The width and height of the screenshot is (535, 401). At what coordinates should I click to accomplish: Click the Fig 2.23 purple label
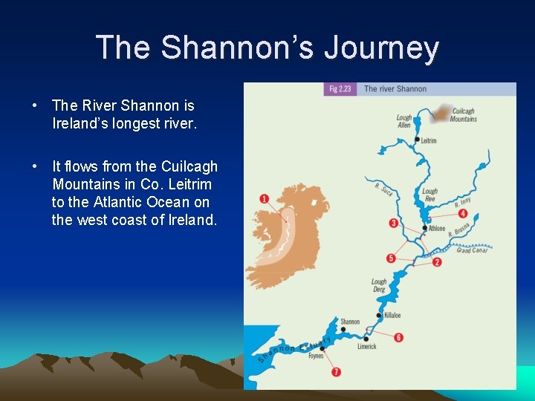341,89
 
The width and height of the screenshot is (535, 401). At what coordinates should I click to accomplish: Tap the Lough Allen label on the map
403,121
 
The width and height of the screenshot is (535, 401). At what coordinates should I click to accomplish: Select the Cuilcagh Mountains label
464,115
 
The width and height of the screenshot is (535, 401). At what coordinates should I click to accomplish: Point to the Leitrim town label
428,140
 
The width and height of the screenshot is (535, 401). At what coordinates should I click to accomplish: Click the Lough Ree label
429,195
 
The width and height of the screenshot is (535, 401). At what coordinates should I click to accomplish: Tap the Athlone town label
437,229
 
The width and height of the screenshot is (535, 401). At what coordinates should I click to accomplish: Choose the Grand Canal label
471,250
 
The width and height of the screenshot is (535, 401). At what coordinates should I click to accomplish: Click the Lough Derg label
379,285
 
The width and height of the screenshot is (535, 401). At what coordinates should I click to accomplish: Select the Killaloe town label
392,316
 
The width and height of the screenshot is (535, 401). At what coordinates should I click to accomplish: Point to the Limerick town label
366,346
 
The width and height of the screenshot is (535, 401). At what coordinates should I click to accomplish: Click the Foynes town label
316,356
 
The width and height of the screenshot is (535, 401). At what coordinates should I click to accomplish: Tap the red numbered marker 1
265,199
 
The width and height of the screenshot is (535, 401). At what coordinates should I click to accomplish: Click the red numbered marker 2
437,262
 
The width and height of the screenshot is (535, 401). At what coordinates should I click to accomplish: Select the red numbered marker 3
393,224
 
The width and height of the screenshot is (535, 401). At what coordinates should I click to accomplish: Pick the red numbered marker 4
463,214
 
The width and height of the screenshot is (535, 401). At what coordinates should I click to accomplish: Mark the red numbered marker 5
391,258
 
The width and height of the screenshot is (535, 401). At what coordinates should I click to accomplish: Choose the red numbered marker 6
399,337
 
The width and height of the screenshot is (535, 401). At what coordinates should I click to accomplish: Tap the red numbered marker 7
337,371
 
